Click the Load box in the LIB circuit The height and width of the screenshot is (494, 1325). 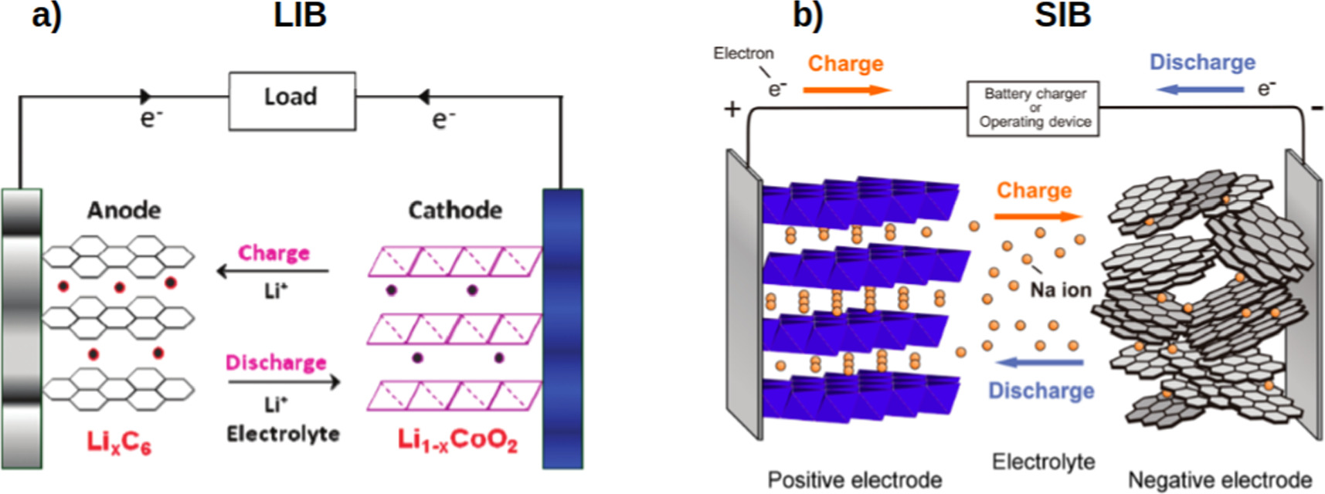pyautogui.click(x=291, y=101)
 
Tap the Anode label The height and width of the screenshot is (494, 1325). pyautogui.click(x=124, y=210)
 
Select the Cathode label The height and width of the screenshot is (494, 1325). pyautogui.click(x=455, y=210)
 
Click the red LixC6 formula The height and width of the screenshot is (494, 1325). pyautogui.click(x=119, y=442)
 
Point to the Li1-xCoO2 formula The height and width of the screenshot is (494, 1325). pyautogui.click(x=457, y=440)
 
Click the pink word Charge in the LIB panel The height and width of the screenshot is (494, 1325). pyautogui.click(x=273, y=253)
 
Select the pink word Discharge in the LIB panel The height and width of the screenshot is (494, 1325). pyautogui.click(x=276, y=362)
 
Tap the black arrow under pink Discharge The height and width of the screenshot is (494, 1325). pyautogui.click(x=284, y=382)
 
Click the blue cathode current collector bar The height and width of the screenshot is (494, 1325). pyautogui.click(x=562, y=328)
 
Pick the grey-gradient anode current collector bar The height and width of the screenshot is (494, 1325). pyautogui.click(x=21, y=328)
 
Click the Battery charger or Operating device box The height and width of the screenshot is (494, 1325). pyautogui.click(x=1033, y=109)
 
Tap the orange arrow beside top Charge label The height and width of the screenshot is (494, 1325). pyautogui.click(x=847, y=90)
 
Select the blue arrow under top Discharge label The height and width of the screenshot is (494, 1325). pyautogui.click(x=1200, y=90)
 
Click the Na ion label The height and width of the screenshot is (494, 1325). pyautogui.click(x=1061, y=290)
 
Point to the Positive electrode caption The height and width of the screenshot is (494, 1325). pyautogui.click(x=854, y=480)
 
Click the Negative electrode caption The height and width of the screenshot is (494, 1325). pyautogui.click(x=1220, y=480)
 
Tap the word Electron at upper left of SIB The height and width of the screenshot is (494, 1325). pyautogui.click(x=742, y=53)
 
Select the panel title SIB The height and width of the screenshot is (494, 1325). pyautogui.click(x=1062, y=15)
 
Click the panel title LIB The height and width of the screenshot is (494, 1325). pyautogui.click(x=300, y=15)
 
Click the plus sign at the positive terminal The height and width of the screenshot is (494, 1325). pyautogui.click(x=732, y=110)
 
